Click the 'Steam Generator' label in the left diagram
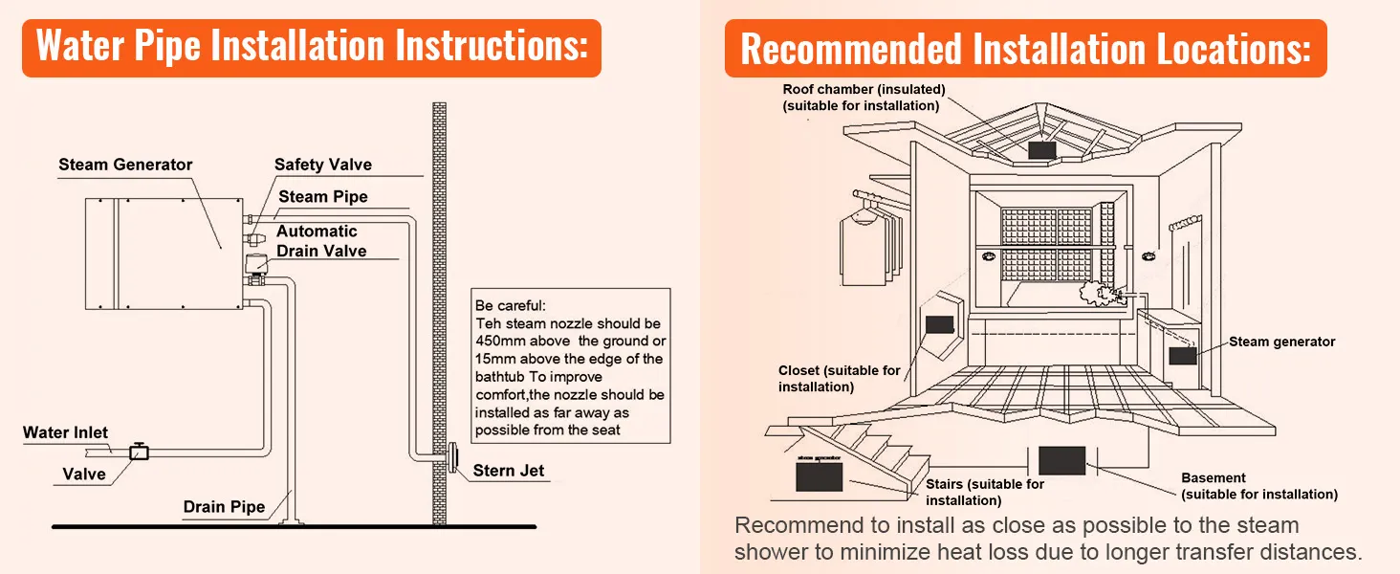125,165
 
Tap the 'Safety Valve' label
322,165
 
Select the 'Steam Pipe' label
322,197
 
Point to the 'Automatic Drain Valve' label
320,241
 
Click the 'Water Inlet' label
65,433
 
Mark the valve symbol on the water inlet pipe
140,452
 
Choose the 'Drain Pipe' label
224,506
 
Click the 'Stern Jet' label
509,471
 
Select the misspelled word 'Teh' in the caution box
488,324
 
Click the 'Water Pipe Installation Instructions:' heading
311,46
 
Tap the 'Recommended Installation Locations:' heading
1024,48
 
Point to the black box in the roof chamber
1040,150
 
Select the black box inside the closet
940,322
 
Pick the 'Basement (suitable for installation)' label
1258,486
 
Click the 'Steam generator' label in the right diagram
1281,342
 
